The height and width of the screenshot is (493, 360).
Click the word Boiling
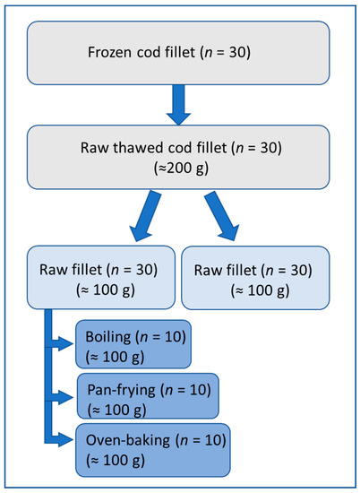[x=108, y=336]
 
